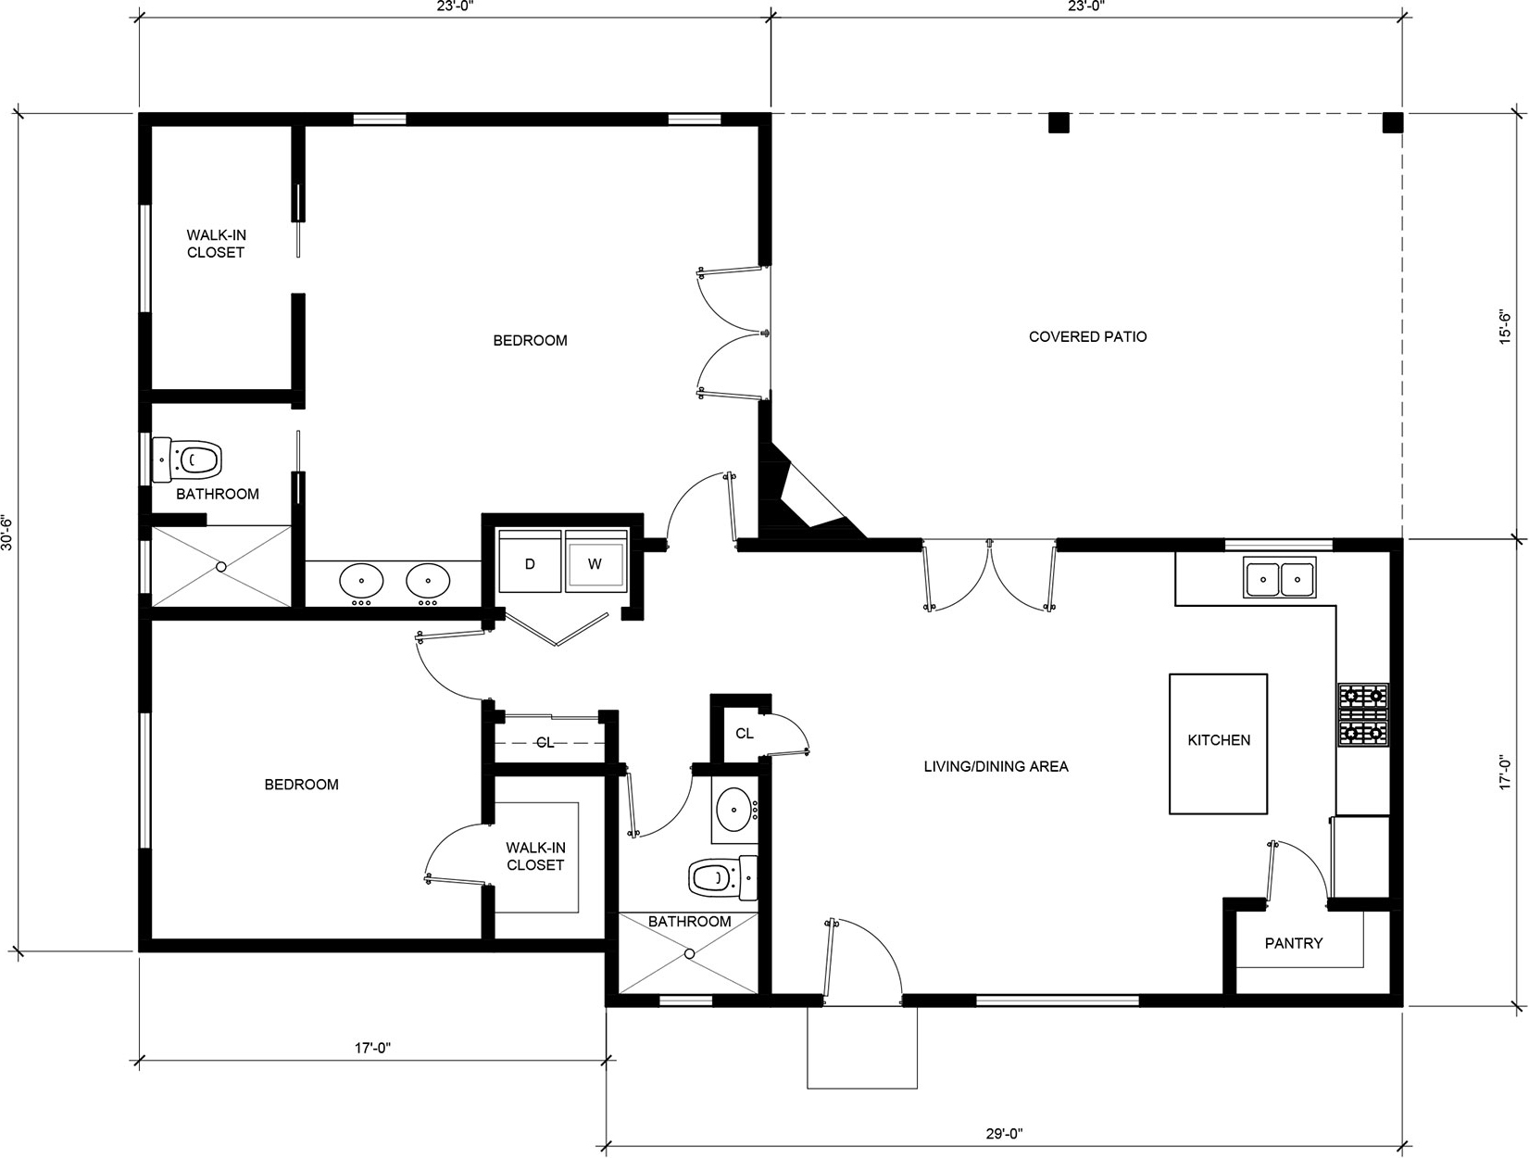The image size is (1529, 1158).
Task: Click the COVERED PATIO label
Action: click(1087, 336)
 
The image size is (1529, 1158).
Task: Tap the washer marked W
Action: click(595, 561)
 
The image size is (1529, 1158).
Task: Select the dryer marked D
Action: click(530, 561)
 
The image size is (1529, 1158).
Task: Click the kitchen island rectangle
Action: click(1218, 743)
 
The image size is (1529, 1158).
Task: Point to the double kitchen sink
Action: click(1280, 578)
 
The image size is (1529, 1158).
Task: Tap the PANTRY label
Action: click(1294, 943)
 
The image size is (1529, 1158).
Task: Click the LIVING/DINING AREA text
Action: click(996, 766)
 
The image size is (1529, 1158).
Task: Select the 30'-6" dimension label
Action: click(7, 533)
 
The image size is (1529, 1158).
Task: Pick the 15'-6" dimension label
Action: click(1505, 326)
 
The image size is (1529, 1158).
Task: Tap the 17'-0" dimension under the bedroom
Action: click(372, 1047)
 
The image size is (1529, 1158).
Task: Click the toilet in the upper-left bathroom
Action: click(187, 459)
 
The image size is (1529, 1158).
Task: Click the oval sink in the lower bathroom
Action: click(733, 809)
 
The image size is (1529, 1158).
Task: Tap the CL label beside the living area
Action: click(744, 733)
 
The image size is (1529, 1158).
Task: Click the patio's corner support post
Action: click(1393, 122)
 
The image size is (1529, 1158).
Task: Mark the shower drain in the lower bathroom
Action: click(690, 954)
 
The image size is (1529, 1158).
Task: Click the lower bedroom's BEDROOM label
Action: click(302, 785)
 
